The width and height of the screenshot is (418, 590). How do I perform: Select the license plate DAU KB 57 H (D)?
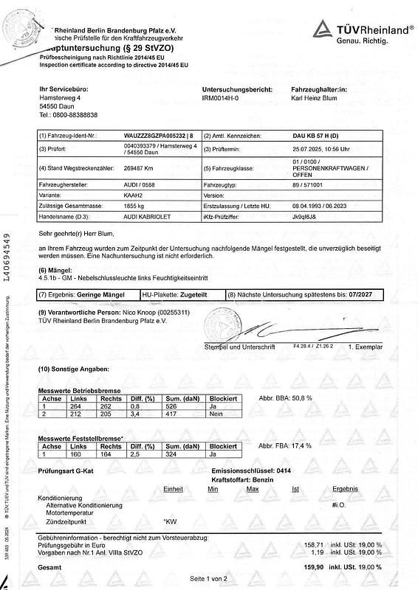(318, 136)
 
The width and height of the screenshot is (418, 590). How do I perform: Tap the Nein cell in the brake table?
(214, 412)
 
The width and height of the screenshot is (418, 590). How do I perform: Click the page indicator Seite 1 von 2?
(209, 580)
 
